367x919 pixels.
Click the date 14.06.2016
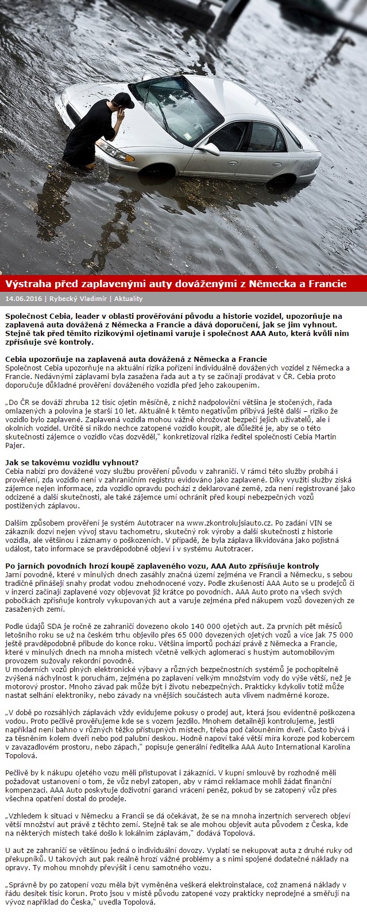pos(24,299)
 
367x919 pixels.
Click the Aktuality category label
pos(128,299)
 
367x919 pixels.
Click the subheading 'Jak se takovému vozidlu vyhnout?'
pos(72,462)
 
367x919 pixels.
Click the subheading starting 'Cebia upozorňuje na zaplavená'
pos(136,359)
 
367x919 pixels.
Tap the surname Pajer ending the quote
pos(14,445)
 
